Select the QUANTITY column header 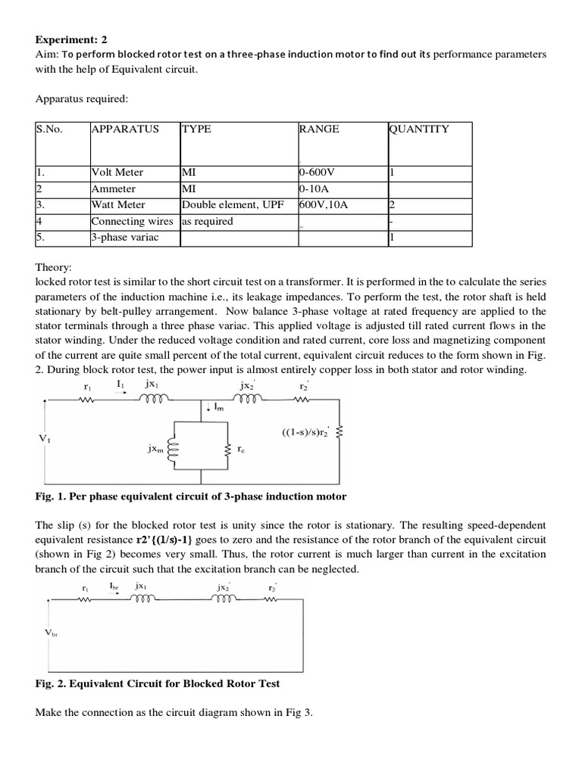[419, 129]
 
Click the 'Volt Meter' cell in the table [117, 173]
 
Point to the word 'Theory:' [54, 267]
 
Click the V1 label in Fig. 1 [45, 438]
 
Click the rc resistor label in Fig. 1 [240, 448]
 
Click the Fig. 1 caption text [191, 496]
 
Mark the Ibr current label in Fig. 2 [113, 585]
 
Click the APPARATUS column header [125, 129]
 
